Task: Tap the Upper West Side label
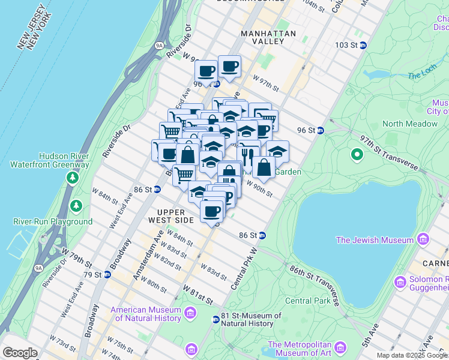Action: coord(175,216)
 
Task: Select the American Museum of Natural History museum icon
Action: coord(190,313)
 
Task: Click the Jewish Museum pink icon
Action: coord(424,240)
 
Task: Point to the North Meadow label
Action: coord(410,124)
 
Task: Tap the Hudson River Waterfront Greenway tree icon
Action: coord(72,178)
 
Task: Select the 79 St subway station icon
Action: coord(107,275)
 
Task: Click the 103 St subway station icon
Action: coord(363,45)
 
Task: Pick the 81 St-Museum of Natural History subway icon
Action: coord(215,319)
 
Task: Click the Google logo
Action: coord(20,353)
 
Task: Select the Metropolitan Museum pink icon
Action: coord(341,349)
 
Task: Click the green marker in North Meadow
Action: coord(357,155)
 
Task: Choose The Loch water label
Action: coord(421,76)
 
